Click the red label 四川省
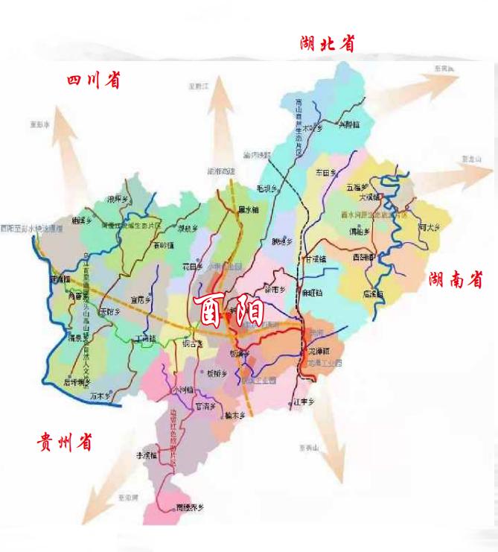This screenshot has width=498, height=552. [93, 80]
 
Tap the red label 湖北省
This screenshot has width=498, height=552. [327, 44]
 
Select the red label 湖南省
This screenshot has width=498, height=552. [456, 280]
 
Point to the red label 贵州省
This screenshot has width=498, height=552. [65, 442]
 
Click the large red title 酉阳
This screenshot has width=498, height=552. [228, 308]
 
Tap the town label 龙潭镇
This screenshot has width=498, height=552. [318, 350]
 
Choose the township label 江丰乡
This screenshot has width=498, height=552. [305, 402]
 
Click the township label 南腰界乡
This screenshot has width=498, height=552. [189, 508]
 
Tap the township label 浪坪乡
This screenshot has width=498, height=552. [118, 199]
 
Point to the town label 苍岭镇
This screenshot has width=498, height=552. [163, 244]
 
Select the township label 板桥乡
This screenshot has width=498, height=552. [217, 372]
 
